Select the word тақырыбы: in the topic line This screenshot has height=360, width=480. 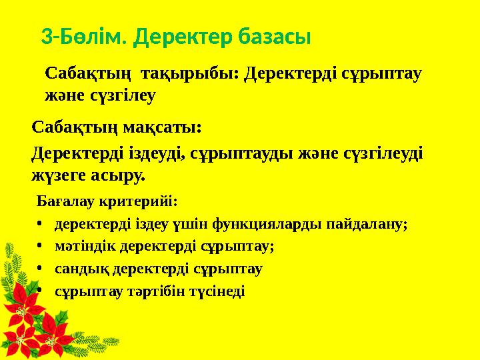point(199,73)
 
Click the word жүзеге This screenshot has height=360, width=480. point(63,175)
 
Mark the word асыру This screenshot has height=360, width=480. point(121,175)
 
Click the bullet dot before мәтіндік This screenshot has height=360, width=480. point(41,247)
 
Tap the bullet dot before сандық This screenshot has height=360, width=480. point(41,269)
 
